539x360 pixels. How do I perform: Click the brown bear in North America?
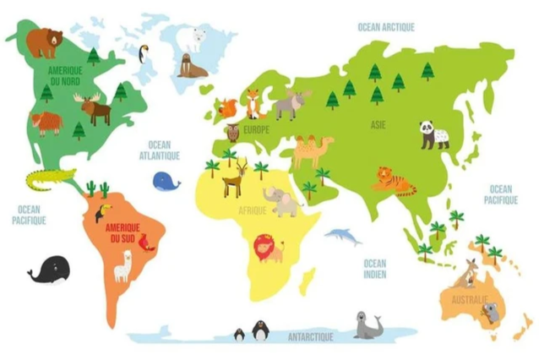coord(44,41)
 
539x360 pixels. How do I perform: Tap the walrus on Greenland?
coord(192,66)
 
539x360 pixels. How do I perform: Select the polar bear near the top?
coord(197,38)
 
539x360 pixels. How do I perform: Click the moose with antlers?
coord(93,109)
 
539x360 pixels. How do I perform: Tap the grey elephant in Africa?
coord(282,201)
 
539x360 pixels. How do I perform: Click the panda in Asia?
coord(434,134)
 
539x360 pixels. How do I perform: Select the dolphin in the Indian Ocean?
coord(343,236)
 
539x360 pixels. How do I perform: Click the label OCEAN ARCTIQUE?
coord(386,27)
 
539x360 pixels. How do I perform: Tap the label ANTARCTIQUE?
coord(310,336)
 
